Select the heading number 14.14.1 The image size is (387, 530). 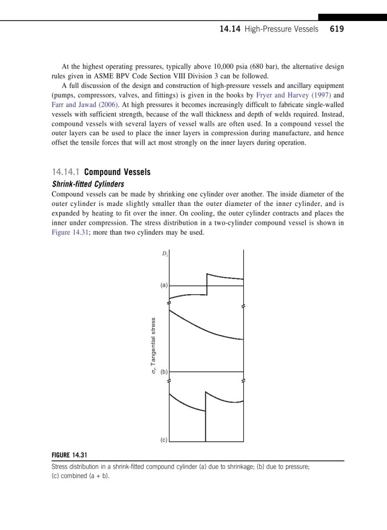point(66,172)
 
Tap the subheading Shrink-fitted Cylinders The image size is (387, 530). point(87,184)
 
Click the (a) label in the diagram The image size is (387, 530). point(164,285)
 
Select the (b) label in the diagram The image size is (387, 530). point(164,372)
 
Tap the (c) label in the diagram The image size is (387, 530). point(164,440)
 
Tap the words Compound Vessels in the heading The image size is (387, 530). point(117,172)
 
